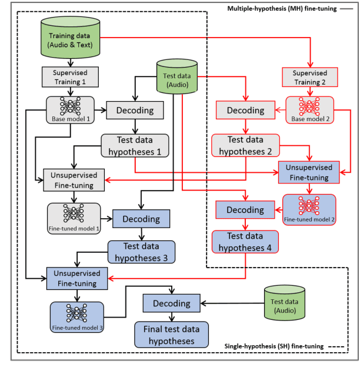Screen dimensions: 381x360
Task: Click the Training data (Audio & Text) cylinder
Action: [71, 38]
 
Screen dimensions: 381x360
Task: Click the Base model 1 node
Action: [70, 109]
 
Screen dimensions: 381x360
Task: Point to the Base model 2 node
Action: [309, 109]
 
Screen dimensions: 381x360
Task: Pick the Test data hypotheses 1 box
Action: [135, 145]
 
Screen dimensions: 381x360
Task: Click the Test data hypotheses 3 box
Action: [141, 252]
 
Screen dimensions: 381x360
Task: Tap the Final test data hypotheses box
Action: [168, 335]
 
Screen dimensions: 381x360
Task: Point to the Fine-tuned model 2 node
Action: [309, 209]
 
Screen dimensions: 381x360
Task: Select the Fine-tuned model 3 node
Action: [76, 317]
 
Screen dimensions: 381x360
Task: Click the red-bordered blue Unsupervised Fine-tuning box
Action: [309, 172]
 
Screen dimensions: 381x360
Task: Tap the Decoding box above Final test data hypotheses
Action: [171, 303]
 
